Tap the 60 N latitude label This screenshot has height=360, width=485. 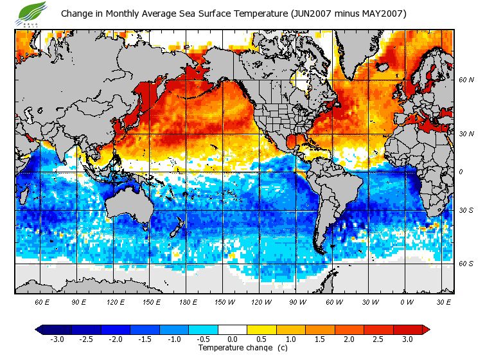point(466,80)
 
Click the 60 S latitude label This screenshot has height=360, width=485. point(466,264)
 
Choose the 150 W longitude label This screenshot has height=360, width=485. point(225,301)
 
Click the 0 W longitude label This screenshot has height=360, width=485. point(407,301)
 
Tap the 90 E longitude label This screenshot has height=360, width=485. point(78,301)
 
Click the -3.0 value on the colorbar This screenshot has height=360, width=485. point(57,339)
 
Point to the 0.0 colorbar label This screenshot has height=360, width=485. point(233,339)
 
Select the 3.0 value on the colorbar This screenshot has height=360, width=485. point(407,339)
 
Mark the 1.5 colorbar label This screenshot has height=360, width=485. point(320,339)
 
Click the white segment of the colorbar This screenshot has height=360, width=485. point(233,330)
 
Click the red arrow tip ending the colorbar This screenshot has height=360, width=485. point(426,330)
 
